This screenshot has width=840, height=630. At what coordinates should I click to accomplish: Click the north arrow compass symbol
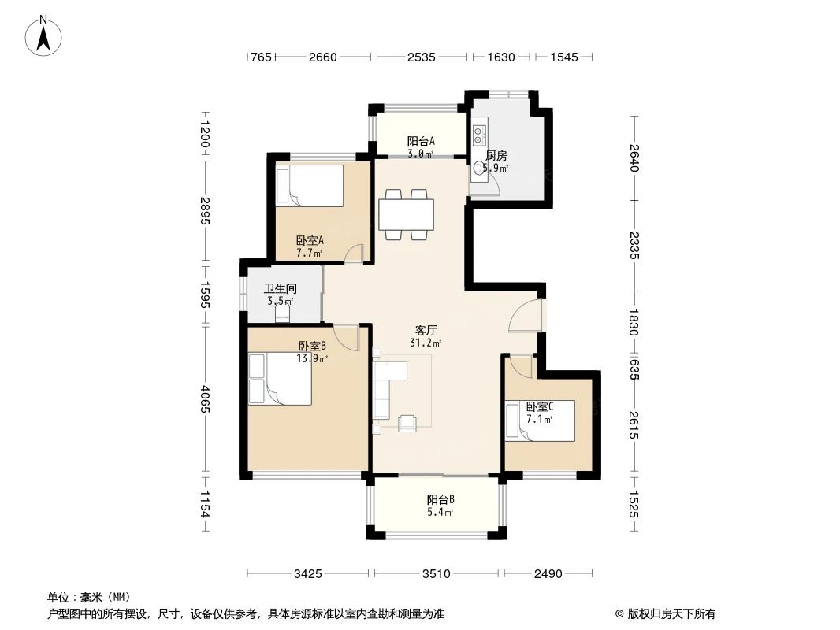(x=43, y=35)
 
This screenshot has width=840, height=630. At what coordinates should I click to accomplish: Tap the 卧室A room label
(x=310, y=240)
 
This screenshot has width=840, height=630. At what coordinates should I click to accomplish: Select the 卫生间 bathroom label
(x=281, y=288)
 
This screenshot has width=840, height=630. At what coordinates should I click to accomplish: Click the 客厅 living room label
(x=426, y=330)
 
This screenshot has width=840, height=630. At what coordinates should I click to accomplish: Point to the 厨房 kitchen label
(x=496, y=156)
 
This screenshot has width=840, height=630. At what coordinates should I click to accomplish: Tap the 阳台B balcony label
(x=440, y=499)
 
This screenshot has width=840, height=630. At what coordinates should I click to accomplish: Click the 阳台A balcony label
(x=421, y=141)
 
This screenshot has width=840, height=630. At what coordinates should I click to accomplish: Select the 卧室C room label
(x=540, y=407)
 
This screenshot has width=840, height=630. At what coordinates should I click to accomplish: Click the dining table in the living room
(x=406, y=215)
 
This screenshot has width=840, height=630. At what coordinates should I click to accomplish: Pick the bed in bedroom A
(x=310, y=186)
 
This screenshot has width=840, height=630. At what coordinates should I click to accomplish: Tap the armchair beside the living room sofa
(x=407, y=423)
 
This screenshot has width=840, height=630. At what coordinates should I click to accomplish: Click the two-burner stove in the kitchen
(x=479, y=135)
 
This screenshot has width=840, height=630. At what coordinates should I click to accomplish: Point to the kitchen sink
(x=478, y=169)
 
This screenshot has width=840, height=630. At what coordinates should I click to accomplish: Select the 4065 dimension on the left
(x=205, y=400)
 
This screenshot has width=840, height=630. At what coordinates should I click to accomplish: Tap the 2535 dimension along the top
(x=421, y=57)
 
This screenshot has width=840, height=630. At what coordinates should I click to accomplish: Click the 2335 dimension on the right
(x=634, y=246)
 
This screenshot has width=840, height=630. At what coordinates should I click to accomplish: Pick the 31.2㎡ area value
(x=426, y=343)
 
